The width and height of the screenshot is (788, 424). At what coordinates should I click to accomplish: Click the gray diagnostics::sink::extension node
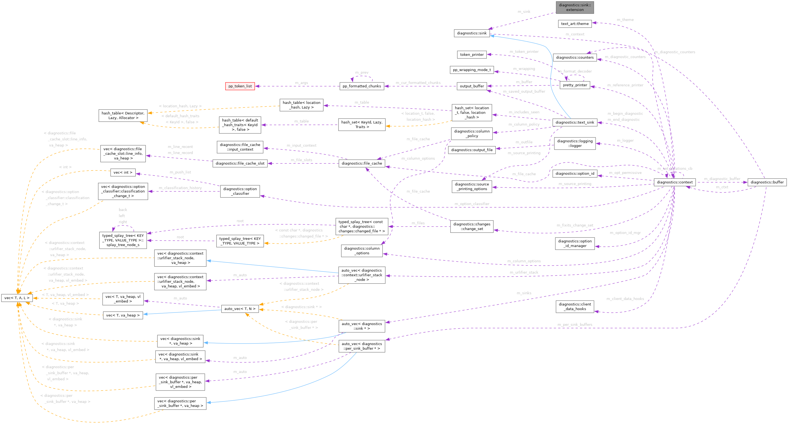click(574, 7)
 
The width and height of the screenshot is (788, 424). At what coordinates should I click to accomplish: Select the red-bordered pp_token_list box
click(240, 86)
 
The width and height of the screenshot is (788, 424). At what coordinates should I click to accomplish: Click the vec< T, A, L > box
click(17, 298)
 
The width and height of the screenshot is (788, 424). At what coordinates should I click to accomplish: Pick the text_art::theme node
click(574, 24)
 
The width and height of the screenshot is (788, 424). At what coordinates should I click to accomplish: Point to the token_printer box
click(472, 55)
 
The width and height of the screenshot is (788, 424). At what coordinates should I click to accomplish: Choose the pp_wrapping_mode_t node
click(472, 70)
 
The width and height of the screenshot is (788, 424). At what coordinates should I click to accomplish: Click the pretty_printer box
click(574, 85)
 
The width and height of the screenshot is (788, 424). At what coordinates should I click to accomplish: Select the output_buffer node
click(472, 86)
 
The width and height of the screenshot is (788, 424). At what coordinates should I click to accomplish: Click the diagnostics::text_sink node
click(574, 122)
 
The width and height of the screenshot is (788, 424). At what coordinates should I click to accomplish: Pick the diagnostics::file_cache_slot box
click(240, 163)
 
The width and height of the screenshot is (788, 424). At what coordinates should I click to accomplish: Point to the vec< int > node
click(123, 173)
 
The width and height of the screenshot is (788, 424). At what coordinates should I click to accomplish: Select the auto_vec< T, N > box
click(240, 309)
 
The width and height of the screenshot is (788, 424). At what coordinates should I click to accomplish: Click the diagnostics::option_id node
click(574, 174)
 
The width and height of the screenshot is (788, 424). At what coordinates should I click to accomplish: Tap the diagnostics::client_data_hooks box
click(574, 307)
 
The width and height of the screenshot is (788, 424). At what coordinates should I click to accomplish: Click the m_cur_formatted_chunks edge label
click(418, 83)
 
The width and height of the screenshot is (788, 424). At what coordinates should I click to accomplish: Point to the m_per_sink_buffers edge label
click(575, 325)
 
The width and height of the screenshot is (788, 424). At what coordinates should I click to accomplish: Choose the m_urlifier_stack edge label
click(524, 273)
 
